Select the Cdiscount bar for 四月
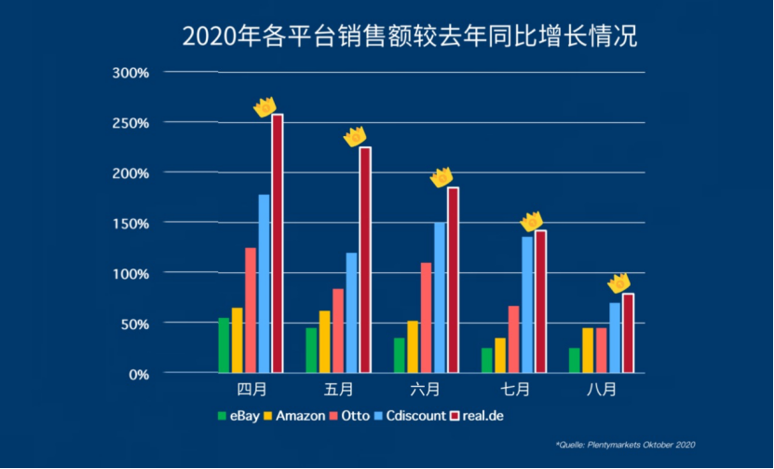(264, 284)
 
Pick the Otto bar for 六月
(426, 318)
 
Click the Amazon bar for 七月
(500, 355)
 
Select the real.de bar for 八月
(628, 334)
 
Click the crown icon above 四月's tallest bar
(266, 107)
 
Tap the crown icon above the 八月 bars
(618, 283)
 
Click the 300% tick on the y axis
(130, 73)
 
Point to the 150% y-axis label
(130, 223)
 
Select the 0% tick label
(138, 374)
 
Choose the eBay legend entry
(239, 416)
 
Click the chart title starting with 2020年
(409, 36)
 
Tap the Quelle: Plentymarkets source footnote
(625, 446)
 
